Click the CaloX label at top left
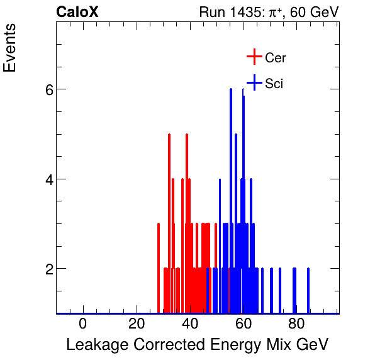pos(77,12)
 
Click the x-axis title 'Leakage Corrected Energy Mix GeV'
pos(197,345)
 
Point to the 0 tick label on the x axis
pos(83,325)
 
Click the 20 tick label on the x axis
pos(137,325)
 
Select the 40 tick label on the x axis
pos(190,325)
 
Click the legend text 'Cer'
pos(276,58)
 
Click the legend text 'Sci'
pos(274,83)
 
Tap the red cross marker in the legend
pos(254,57)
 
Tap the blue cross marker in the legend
pos(254,82)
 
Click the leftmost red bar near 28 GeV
pos(159,271)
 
